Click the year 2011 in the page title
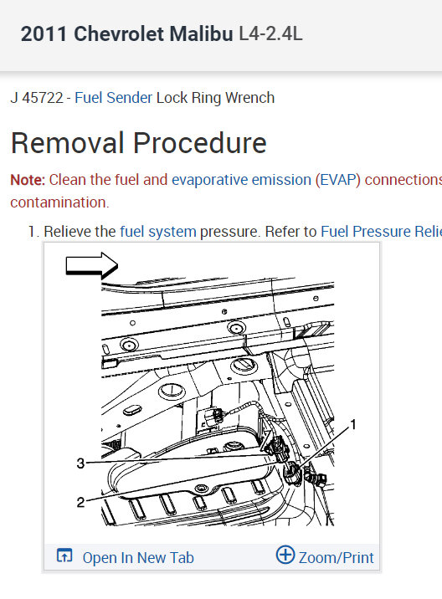tap(44, 33)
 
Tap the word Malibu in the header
tap(201, 33)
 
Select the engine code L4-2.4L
tap(270, 33)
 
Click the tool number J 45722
tap(37, 98)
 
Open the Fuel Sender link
tap(114, 98)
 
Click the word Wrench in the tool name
tap(249, 98)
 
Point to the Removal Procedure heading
tap(138, 143)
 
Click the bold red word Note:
tap(28, 180)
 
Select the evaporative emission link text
tap(241, 180)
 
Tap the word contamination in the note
tap(59, 202)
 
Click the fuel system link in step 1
tap(158, 232)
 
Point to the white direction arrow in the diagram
tap(92, 265)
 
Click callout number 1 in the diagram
tap(353, 424)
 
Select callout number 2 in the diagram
tap(80, 502)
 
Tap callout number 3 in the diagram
tap(80, 463)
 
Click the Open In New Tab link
tap(138, 558)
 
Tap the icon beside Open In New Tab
tap(64, 555)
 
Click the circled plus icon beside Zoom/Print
tap(285, 555)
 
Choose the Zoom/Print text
tap(336, 558)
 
